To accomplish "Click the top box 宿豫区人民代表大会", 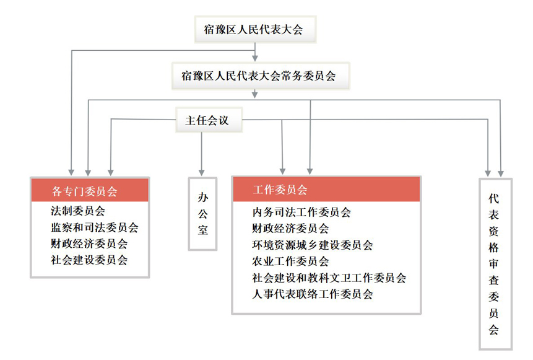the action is [255, 29].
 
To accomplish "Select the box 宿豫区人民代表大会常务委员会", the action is [261, 76].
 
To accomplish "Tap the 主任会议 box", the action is [209, 120].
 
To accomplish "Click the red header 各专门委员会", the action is [90, 191].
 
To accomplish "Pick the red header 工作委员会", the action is [326, 189].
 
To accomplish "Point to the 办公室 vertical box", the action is [202, 214].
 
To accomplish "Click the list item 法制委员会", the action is [78, 211].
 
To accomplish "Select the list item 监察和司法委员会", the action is [95, 227].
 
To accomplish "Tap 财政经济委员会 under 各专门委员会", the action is [89, 244].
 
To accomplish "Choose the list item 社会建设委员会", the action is [89, 260].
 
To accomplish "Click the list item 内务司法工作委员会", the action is [301, 213].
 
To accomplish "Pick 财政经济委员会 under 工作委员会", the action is [290, 228].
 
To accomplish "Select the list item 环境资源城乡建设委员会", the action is [313, 245].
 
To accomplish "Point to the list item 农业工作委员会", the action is [290, 261].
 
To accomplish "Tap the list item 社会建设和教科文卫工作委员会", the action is [329, 278].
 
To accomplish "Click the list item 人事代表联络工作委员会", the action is [313, 294].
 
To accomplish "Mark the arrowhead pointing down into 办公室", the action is [202, 173].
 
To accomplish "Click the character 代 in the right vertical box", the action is [493, 199].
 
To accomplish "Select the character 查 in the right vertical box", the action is [493, 280].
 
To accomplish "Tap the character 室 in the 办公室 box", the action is [203, 230].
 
